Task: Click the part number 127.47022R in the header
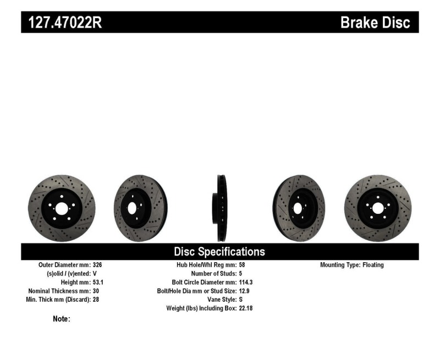point(62,23)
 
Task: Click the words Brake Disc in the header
point(375,23)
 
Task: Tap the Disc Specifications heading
point(219,252)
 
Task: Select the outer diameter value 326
point(97,265)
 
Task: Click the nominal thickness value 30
point(96,291)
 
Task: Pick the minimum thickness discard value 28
point(96,300)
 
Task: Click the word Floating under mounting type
point(373,265)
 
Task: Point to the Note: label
point(61,319)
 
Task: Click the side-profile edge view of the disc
point(221,208)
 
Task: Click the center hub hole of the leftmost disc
point(61,208)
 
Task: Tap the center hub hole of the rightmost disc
point(377,208)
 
